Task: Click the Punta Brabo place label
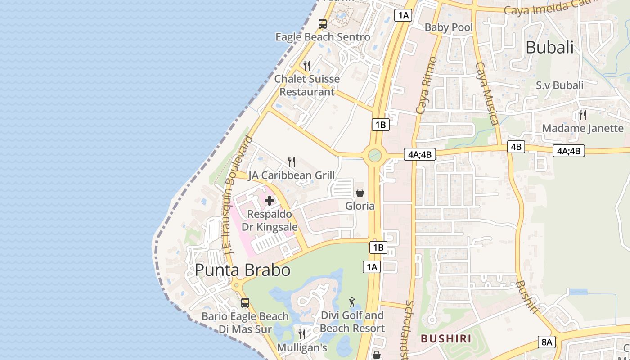click(243, 270)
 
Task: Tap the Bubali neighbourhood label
click(549, 47)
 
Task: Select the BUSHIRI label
click(445, 338)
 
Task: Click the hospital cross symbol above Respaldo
click(270, 200)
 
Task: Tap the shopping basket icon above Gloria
click(360, 193)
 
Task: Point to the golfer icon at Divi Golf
click(352, 302)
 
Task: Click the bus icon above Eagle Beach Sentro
click(323, 24)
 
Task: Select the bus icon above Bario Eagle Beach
click(245, 303)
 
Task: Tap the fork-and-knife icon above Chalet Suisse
click(307, 66)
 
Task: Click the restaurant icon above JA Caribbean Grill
click(292, 162)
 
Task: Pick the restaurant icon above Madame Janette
click(583, 115)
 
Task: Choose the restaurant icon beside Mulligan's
click(302, 334)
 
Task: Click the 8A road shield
click(547, 342)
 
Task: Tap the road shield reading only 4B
click(517, 147)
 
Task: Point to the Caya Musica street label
click(486, 93)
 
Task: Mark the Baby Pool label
click(449, 27)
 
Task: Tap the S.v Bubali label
click(559, 85)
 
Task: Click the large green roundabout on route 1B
click(374, 156)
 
